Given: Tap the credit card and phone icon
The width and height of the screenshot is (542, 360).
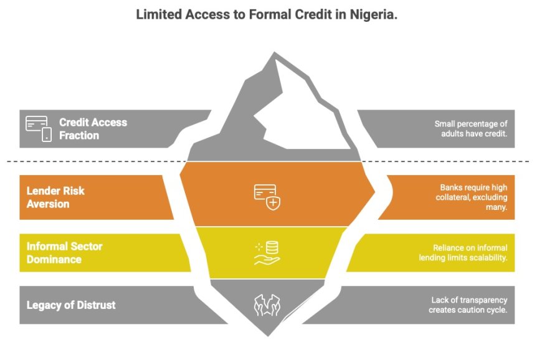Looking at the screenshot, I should pyautogui.click(x=38, y=128).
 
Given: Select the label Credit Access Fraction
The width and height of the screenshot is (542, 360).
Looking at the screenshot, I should pyautogui.click(x=93, y=129).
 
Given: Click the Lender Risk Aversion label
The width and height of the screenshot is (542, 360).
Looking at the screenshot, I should pyautogui.click(x=57, y=197).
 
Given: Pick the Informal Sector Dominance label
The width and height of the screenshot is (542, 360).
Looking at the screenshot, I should pyautogui.click(x=64, y=252).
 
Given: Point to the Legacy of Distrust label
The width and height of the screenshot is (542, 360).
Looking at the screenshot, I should pyautogui.click(x=71, y=305).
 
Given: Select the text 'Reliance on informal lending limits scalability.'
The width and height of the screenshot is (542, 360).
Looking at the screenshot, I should pyautogui.click(x=463, y=252).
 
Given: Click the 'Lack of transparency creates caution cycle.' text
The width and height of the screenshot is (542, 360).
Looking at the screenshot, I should pyautogui.click(x=468, y=305).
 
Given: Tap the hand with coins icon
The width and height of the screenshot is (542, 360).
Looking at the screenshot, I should pyautogui.click(x=267, y=253).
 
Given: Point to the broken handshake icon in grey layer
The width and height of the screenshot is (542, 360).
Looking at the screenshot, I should pyautogui.click(x=267, y=305).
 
